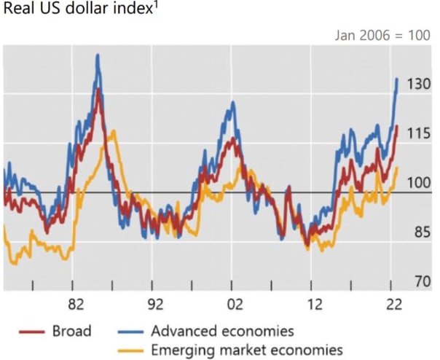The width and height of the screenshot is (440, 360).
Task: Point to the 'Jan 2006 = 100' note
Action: click(382, 34)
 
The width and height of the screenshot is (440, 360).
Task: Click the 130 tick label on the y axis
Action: click(419, 85)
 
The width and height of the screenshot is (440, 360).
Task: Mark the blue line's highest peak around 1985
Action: click(98, 55)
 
